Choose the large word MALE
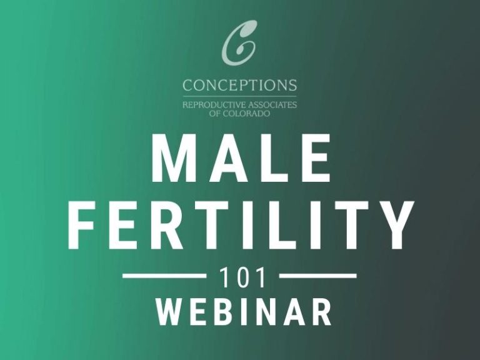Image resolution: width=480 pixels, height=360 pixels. coord(241,161)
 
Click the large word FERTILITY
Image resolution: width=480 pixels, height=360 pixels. coord(241,224)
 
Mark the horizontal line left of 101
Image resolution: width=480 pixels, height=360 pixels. coord(164,275)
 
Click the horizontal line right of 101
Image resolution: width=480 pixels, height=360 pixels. coord(318,275)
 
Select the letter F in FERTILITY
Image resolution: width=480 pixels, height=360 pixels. coord(82,224)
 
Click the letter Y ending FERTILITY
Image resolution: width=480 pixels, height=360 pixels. coord(394,224)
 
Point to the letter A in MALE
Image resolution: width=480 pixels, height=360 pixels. coord(222,161)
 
